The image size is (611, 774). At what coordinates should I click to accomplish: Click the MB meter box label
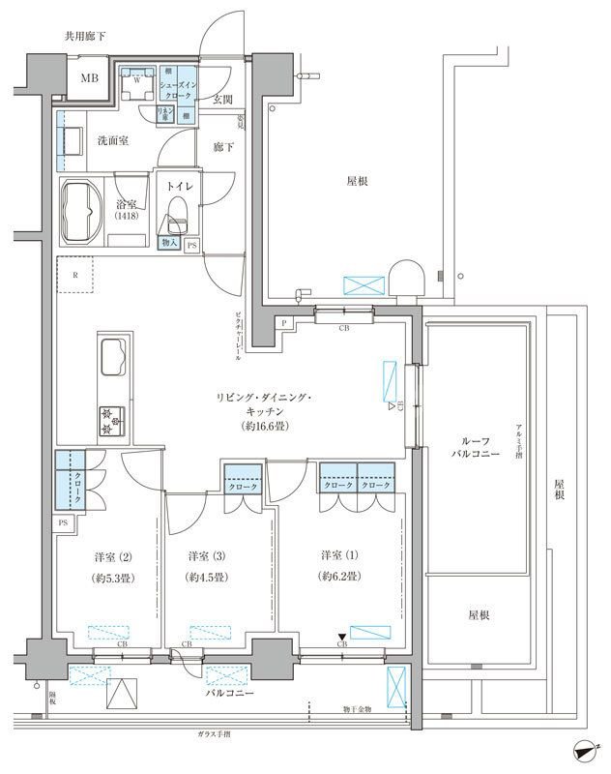[89, 77]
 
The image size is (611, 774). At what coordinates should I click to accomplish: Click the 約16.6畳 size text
[255, 426]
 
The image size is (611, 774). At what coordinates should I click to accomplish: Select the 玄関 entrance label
[222, 99]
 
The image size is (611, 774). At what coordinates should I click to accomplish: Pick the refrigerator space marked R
[75, 276]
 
